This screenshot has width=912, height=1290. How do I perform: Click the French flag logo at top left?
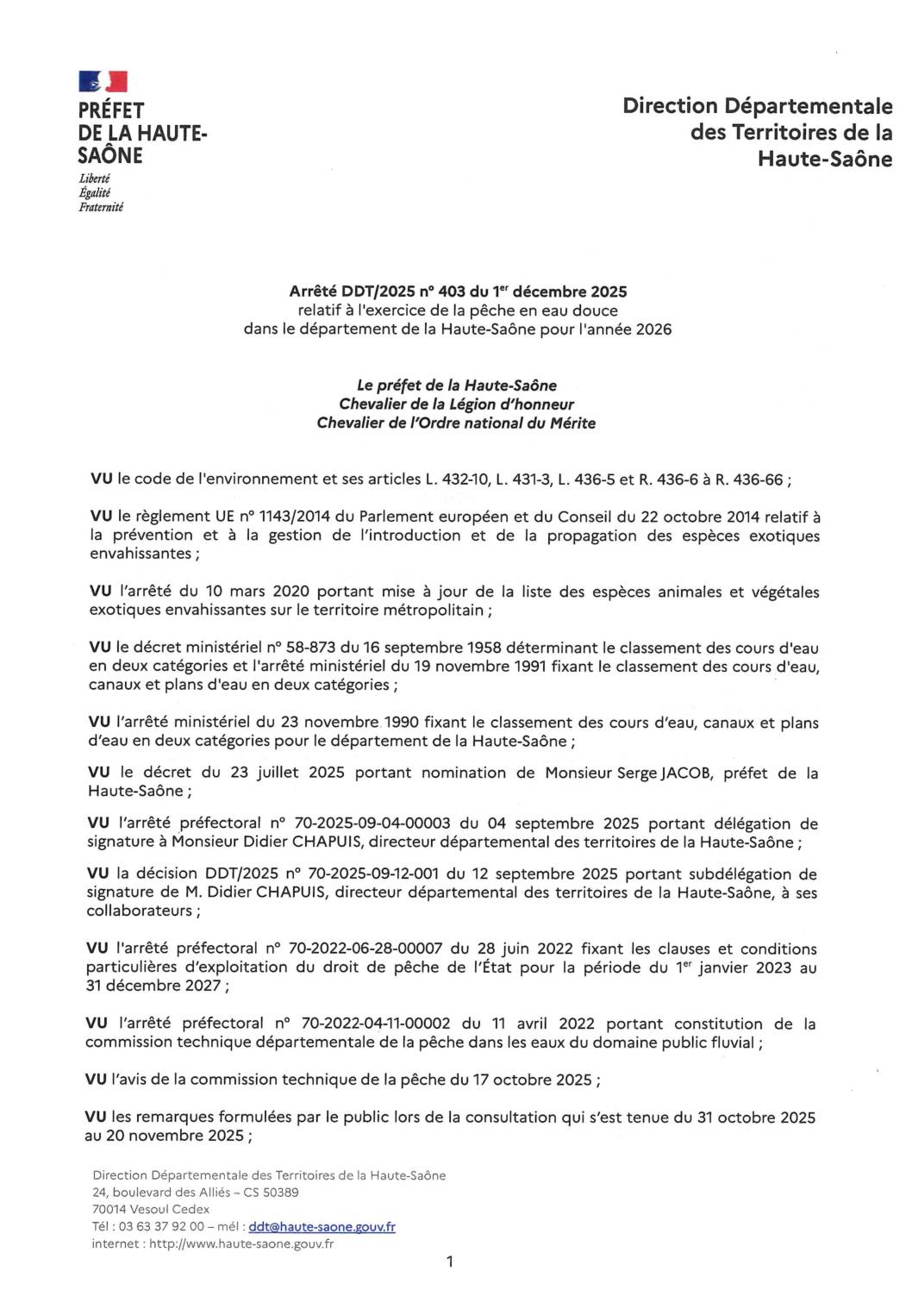tap(103, 82)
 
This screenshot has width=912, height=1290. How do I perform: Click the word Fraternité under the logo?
tap(101, 208)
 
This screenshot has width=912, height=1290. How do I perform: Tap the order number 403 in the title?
tap(451, 291)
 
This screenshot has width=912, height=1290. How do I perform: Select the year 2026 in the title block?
tap(653, 329)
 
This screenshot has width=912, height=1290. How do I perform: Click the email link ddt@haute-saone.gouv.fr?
tap(322, 1226)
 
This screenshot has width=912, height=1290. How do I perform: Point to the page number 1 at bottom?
tap(449, 1262)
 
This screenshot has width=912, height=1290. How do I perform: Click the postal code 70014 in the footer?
tap(109, 1209)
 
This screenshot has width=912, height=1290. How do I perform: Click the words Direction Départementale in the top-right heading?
tap(757, 106)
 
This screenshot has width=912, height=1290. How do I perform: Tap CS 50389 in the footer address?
tap(271, 1193)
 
